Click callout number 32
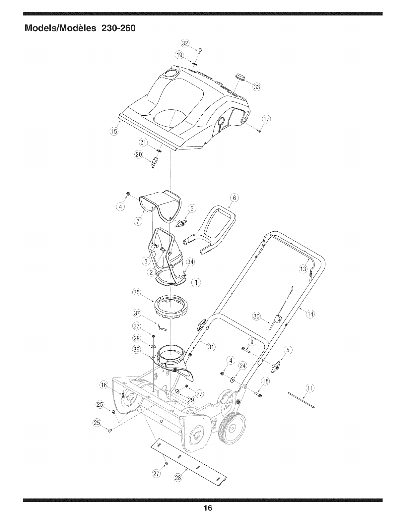pos(184,43)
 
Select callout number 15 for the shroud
pos(113,132)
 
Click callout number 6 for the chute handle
pos(234,198)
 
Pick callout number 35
pos(136,292)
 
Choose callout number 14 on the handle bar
pos(310,314)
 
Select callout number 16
pos(104,385)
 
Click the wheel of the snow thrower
pos(232,428)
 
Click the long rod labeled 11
pos(301,400)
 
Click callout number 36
pos(136,349)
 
